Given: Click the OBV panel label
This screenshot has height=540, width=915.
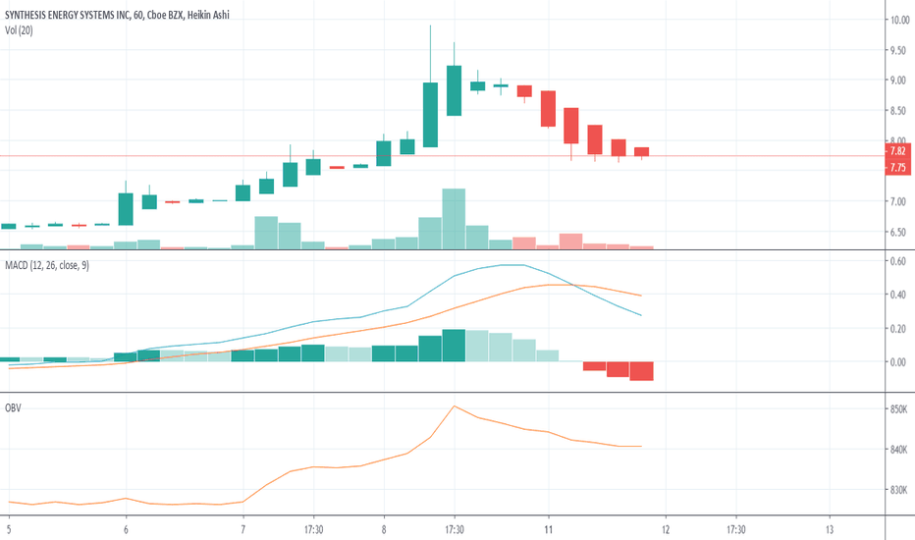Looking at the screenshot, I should tap(14, 406).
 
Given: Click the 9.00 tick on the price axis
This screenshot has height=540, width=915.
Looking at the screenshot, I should tap(898, 81).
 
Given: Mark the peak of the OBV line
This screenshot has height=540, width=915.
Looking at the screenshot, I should tap(454, 405).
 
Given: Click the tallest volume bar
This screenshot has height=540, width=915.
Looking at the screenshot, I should tap(454, 217).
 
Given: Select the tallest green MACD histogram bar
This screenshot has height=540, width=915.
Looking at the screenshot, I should tap(454, 346).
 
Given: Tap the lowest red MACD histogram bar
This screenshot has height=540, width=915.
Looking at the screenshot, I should tap(642, 370).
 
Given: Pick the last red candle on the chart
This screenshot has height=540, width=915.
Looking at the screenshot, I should tap(642, 151).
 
